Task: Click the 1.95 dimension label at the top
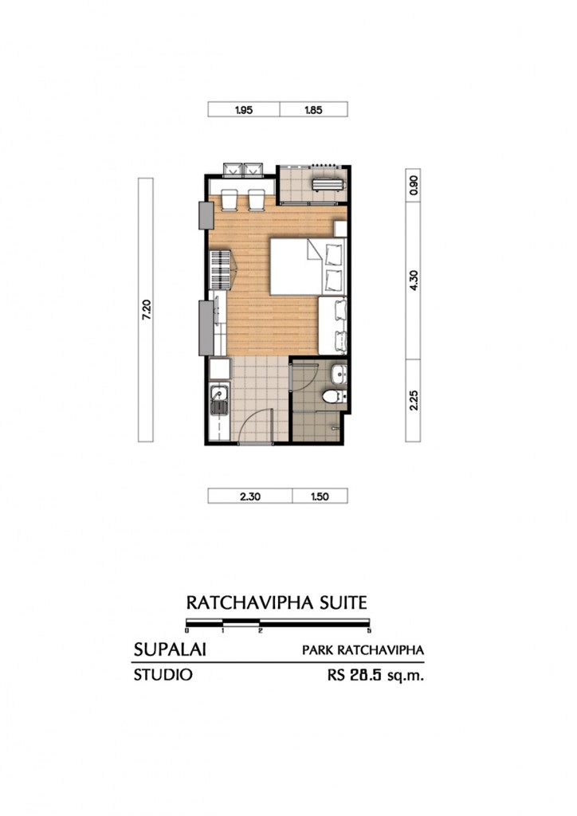point(244,111)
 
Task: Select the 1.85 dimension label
point(313,111)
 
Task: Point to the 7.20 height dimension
point(145,310)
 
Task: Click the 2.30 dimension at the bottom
point(249,496)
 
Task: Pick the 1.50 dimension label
point(318,496)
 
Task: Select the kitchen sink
point(218,396)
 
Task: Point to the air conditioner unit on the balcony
point(329,185)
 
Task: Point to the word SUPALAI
point(170,649)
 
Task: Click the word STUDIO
point(163,675)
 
